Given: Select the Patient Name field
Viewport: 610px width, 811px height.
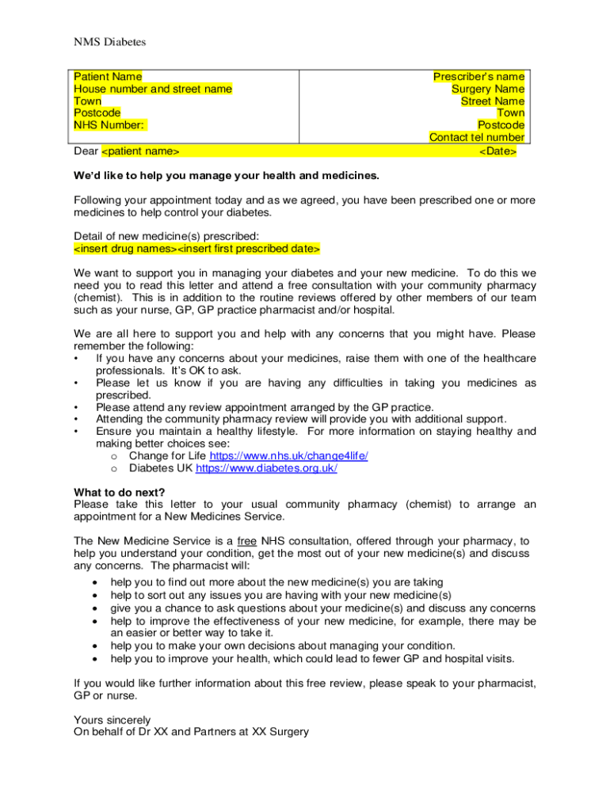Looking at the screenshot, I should pyautogui.click(x=109, y=77).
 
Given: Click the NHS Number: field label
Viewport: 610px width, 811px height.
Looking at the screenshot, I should pyautogui.click(x=109, y=124).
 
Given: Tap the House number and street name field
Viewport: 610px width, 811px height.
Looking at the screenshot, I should pyautogui.click(x=153, y=89).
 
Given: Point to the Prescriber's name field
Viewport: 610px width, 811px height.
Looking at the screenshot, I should pyautogui.click(x=478, y=77).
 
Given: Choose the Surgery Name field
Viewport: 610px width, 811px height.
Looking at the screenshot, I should pyautogui.click(x=488, y=89).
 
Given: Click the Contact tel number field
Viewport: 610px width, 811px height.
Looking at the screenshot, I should pyautogui.click(x=476, y=137).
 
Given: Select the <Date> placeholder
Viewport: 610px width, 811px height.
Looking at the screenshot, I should pyautogui.click(x=498, y=150).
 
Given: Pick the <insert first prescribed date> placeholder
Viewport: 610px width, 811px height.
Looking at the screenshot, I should pyautogui.click(x=248, y=249).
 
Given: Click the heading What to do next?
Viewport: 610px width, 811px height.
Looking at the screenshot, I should pyautogui.click(x=120, y=491).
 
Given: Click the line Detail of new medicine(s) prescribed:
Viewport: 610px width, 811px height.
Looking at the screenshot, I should pyautogui.click(x=166, y=236).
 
